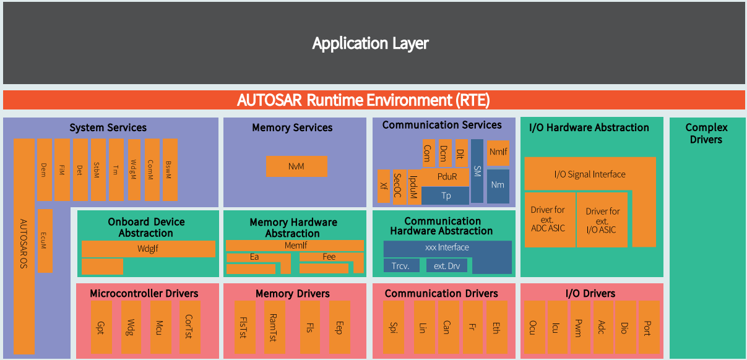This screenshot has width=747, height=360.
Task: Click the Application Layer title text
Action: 370,43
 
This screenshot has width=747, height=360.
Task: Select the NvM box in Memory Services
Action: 296,166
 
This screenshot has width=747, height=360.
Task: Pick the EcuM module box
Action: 45,241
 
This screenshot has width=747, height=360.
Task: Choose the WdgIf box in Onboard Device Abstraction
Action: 148,249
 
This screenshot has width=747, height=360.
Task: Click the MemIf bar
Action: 295,246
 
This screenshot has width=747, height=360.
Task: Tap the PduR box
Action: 446,177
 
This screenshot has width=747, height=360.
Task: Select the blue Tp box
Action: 446,196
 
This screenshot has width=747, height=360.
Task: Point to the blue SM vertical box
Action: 477,171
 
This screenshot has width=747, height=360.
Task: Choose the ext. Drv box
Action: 447,266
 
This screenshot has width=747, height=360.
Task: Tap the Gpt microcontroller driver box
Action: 101,328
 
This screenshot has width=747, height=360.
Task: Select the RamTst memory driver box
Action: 274,328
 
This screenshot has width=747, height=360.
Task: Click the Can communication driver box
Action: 446,328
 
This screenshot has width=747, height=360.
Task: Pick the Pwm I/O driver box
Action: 578,328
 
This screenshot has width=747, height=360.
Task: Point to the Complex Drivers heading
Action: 706,133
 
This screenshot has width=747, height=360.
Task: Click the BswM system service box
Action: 170,169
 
